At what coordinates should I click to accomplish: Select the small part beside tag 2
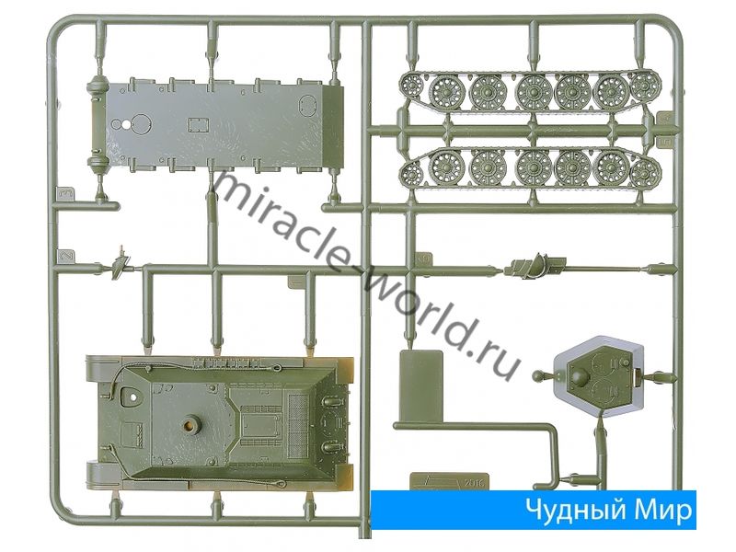(x=121, y=264)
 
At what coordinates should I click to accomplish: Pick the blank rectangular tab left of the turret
(x=421, y=385)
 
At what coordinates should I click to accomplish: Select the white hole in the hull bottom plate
(x=127, y=125)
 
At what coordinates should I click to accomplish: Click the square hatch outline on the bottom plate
(x=198, y=124)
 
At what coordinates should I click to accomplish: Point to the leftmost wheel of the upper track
(x=412, y=86)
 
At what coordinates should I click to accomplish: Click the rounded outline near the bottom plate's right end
(x=307, y=104)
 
